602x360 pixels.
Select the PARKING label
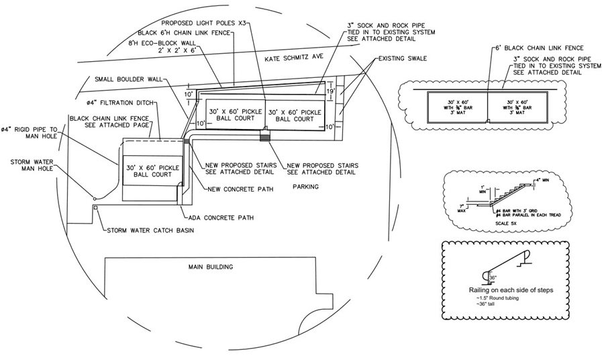305,187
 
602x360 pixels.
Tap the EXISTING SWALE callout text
402,58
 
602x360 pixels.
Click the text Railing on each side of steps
509,290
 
